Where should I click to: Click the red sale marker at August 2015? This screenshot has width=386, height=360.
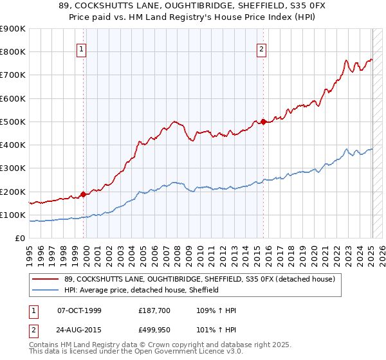coord(263,122)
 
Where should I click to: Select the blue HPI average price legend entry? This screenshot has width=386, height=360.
coord(142,291)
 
